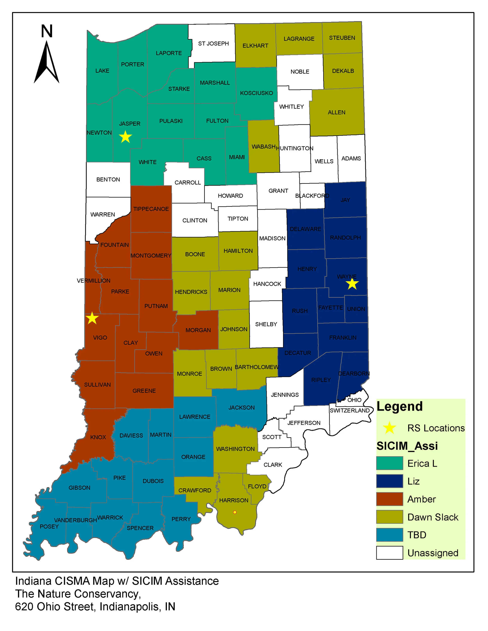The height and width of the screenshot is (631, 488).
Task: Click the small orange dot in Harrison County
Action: [x=235, y=512]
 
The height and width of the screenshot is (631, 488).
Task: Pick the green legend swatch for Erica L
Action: [x=389, y=463]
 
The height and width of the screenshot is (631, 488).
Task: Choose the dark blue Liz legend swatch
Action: [x=389, y=481]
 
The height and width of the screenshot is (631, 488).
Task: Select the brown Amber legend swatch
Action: [x=389, y=499]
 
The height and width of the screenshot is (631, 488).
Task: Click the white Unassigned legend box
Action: [x=389, y=553]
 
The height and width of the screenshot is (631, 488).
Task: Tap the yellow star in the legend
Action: [x=389, y=428]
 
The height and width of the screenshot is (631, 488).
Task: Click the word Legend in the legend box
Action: [x=400, y=406]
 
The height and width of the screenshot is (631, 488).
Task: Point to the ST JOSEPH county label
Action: [x=213, y=44]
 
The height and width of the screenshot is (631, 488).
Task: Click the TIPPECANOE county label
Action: [x=151, y=209]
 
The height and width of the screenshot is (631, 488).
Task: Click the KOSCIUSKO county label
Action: [x=256, y=93]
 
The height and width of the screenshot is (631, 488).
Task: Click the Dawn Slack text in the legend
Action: [x=433, y=517]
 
